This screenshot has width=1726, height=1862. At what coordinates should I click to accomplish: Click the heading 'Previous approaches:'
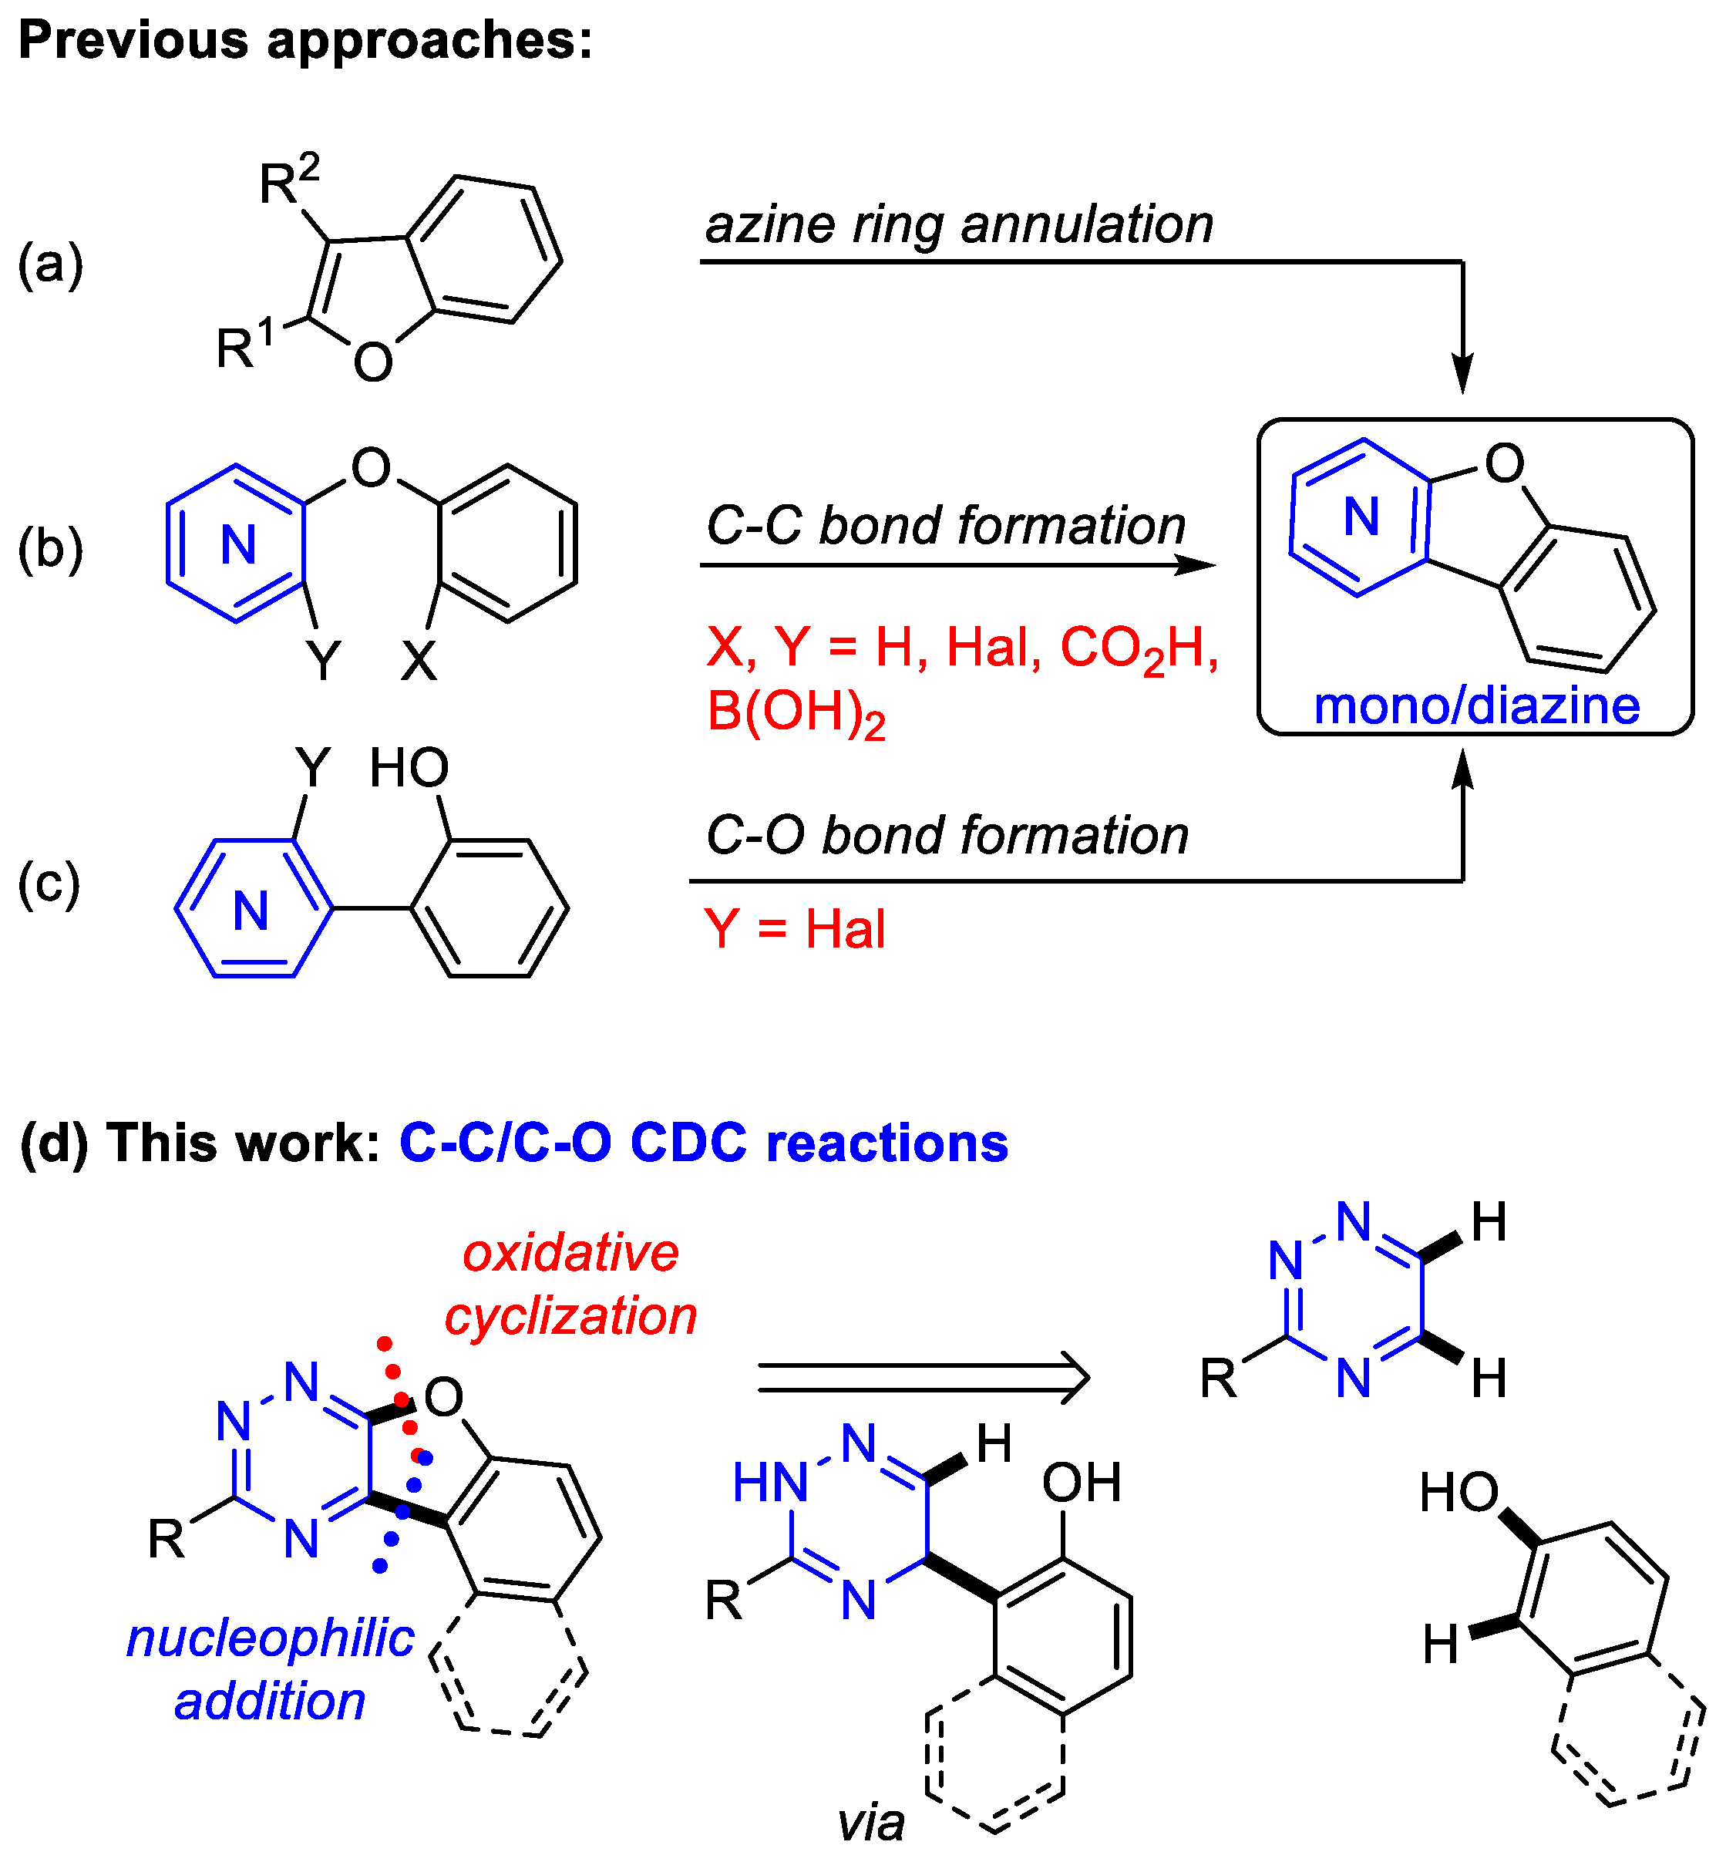coord(305,41)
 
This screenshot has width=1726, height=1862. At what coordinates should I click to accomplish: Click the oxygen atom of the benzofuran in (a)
coord(372,362)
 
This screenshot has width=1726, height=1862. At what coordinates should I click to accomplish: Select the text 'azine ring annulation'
coord(958,225)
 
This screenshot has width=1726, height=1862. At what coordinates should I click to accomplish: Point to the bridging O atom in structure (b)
coord(371,467)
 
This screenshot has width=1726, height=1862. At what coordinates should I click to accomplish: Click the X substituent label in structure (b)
coord(419,662)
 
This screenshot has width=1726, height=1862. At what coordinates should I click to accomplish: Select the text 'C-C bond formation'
coord(945,526)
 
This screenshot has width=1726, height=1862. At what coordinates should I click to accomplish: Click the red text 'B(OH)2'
coord(796,713)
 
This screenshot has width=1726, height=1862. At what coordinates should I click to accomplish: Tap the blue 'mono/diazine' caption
coord(1475,705)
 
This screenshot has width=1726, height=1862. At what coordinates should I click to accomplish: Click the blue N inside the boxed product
coord(1361,517)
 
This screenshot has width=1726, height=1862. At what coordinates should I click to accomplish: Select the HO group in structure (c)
coord(409,768)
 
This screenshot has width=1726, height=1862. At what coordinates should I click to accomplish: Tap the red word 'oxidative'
coord(570,1253)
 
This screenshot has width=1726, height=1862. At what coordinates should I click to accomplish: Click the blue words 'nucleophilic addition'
coord(270,1668)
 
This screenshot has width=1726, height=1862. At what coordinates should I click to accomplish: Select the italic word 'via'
coord(870,1823)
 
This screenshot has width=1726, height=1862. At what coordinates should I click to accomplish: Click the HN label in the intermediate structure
coord(769,1483)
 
